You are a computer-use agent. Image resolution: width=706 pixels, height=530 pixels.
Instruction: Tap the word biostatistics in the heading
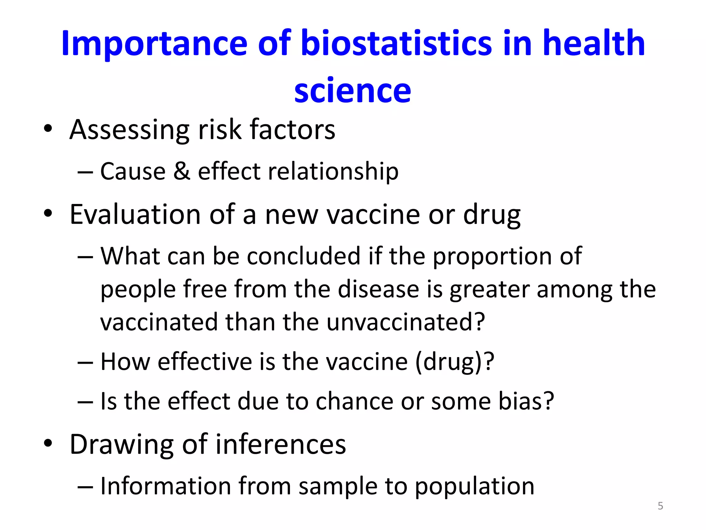pos(396,43)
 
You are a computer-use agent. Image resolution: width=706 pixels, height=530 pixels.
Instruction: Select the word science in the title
pos(352,90)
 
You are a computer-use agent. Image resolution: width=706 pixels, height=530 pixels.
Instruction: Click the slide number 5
pos(660,506)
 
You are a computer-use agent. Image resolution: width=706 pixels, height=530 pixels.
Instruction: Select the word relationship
pos(333,171)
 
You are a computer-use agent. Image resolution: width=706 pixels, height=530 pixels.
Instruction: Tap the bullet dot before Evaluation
pos(48,214)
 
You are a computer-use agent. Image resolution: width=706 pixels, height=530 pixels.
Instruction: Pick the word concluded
pos(304,256)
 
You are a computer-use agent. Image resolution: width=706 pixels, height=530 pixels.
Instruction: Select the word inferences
pos(281,444)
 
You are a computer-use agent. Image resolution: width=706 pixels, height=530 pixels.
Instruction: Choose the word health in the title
pos(593,43)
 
